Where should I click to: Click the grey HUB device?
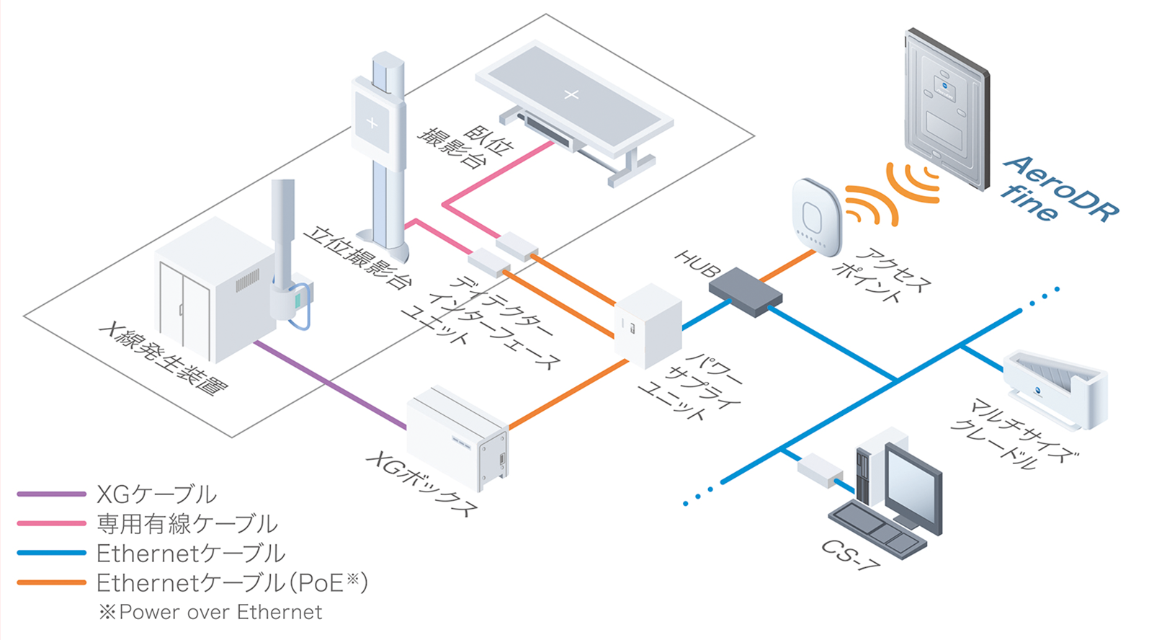(745, 291)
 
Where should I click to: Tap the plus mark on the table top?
(571, 94)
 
